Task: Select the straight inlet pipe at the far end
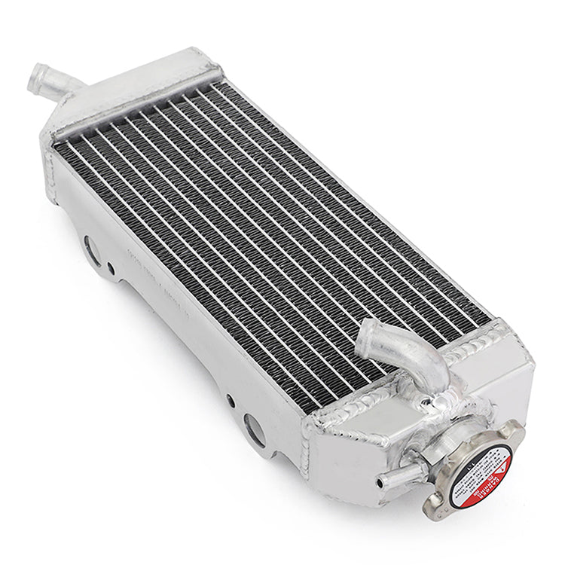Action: pyautogui.click(x=45, y=78)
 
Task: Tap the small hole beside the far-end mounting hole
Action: pyautogui.click(x=111, y=267)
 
